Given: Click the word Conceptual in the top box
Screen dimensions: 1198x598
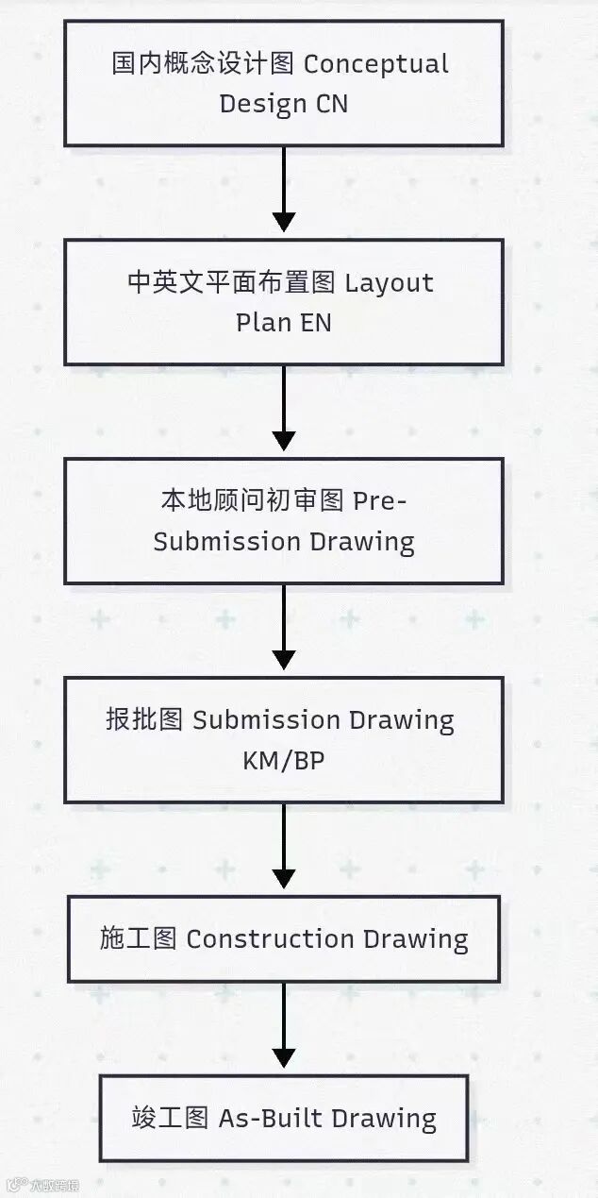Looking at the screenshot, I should pos(375,64).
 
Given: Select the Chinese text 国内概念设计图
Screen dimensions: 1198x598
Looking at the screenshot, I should pos(204,64).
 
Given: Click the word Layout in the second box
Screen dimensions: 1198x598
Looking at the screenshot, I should pos(390,283).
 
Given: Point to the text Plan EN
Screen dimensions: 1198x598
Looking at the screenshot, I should pos(283,322).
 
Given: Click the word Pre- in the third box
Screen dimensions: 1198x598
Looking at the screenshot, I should pos(380,501).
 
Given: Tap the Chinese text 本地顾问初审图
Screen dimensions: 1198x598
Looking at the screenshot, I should pos(252,501).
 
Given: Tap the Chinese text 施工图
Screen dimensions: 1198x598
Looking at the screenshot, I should pos(138,939).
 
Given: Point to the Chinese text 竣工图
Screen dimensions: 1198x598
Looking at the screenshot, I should pos(170,1119).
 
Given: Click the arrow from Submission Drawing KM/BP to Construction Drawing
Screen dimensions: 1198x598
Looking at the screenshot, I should pos(283,848).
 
